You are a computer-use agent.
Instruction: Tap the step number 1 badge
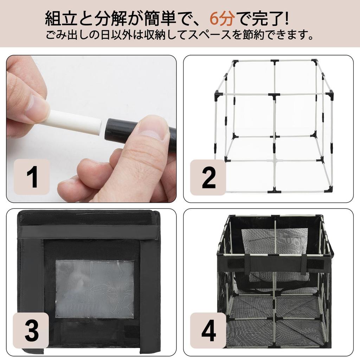pyautogui.click(x=32, y=177)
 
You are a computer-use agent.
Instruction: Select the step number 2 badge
pyautogui.click(x=208, y=177)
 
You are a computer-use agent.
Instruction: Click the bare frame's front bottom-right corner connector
pyautogui.click(x=329, y=190)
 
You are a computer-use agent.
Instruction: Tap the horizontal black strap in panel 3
pyautogui.click(x=88, y=233)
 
